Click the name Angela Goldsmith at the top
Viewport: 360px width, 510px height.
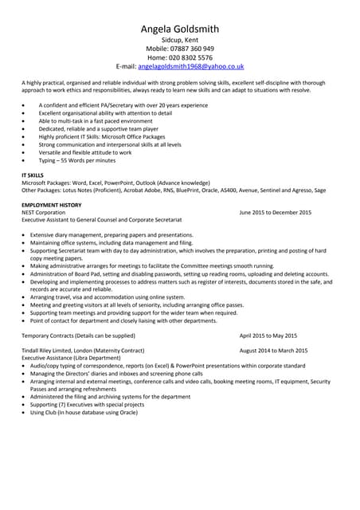tap(179, 29)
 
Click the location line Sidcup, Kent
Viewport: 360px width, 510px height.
tap(179, 39)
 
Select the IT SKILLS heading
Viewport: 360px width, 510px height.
tap(33, 175)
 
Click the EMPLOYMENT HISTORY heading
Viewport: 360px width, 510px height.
tap(51, 205)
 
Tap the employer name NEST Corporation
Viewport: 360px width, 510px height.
tap(44, 213)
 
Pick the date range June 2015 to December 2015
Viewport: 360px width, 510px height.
tap(275, 213)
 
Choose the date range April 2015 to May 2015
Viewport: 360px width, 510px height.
tap(268, 335)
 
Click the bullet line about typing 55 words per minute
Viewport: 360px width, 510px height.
tap(76, 160)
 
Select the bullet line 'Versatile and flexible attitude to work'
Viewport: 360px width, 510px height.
tap(86, 152)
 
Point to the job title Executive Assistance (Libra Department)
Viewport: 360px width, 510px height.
tap(71, 358)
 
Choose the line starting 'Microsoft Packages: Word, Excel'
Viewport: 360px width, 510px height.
tap(115, 182)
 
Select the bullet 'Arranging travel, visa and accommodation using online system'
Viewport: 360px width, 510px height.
tap(108, 297)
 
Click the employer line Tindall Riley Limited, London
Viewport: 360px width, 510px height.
tap(83, 351)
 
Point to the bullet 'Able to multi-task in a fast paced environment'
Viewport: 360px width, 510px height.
tap(96, 121)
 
